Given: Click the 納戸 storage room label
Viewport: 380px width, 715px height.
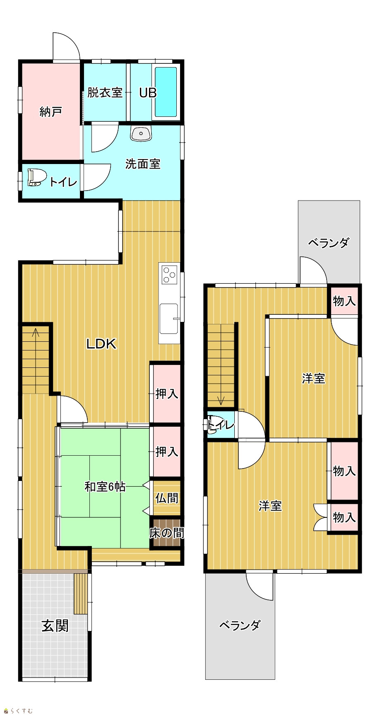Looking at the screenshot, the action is click(51, 111).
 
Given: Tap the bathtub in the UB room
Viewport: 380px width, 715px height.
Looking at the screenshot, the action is click(166, 92).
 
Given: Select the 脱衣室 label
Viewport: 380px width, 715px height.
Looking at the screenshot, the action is click(105, 92).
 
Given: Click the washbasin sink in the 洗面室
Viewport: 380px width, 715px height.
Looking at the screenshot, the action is click(141, 133).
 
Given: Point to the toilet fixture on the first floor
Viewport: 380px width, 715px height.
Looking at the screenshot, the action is click(36, 177).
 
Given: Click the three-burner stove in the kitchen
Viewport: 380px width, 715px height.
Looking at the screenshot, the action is click(169, 275).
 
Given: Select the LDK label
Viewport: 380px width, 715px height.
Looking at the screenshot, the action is click(101, 344).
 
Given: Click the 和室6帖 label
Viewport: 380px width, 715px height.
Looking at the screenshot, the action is click(105, 487).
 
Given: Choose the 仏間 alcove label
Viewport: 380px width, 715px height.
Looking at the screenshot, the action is click(167, 498).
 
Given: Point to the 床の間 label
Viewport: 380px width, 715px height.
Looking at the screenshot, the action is click(166, 533).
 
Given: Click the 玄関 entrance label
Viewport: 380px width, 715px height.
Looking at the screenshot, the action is click(55, 626).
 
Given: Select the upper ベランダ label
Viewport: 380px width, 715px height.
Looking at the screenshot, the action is click(329, 243).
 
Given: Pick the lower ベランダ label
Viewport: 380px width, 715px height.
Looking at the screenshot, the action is click(240, 625).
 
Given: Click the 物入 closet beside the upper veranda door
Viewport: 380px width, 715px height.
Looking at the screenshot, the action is click(344, 301).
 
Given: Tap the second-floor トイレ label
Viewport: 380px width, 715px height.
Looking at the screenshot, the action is click(221, 425).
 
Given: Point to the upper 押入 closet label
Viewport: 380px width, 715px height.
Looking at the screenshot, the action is click(167, 394).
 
